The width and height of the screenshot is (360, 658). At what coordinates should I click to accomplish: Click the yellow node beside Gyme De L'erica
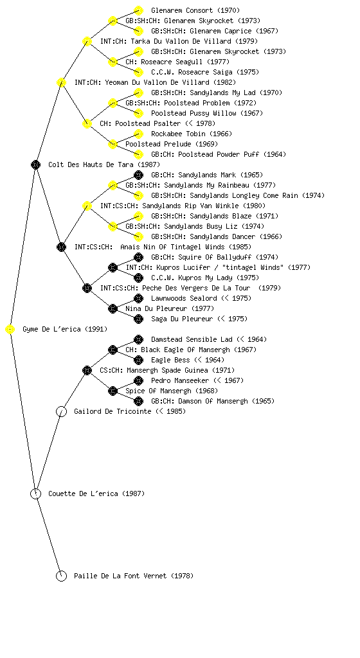pos(10,330)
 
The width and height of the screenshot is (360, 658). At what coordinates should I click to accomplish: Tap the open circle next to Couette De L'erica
pos(35,494)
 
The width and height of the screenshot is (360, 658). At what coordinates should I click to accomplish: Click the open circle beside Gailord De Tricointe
pos(61,412)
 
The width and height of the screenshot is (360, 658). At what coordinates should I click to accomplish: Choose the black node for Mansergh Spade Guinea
pos(87,371)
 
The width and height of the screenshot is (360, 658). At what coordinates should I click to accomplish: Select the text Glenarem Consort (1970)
pos(195,10)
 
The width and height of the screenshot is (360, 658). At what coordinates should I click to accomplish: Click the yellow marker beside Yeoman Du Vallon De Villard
pos(61,83)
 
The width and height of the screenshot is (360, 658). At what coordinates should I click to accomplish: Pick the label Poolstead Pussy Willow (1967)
pos(207,113)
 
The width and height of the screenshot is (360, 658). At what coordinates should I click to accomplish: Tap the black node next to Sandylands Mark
pos(138,175)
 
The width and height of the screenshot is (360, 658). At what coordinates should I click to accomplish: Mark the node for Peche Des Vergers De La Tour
pos(87,289)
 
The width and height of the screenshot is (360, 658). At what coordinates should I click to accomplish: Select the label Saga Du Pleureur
pos(182,319)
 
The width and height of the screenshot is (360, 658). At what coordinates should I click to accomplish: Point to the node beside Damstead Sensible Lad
pos(138,339)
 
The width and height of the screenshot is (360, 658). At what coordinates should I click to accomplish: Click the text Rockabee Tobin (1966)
pos(192,134)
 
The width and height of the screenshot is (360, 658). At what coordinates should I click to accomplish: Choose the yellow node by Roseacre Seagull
pos(113,62)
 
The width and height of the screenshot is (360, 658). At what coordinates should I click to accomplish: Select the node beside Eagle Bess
pos(138,360)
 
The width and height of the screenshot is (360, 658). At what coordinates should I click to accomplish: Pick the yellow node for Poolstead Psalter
pos(87,124)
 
